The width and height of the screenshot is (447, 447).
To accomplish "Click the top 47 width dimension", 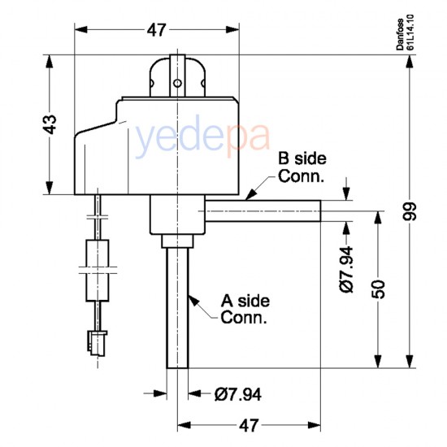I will point(156,30).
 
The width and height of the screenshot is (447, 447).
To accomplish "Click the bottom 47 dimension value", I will point(250,424).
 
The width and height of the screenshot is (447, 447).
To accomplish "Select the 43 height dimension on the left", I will point(50,124).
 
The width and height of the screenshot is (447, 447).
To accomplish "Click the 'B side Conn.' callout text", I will point(302,166).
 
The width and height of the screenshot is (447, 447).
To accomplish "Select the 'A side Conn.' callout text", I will point(245,309).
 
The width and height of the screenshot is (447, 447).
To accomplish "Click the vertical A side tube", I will point(178,309).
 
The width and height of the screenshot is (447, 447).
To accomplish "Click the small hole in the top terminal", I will point(176,82).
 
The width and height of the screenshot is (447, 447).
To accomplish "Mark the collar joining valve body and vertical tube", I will point(177,241).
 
